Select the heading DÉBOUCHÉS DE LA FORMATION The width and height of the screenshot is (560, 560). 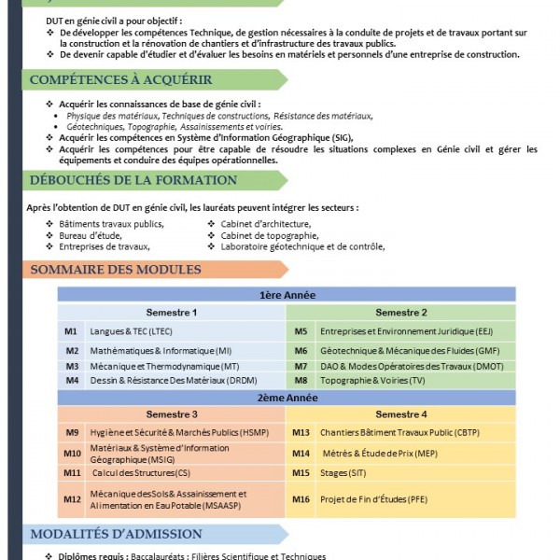coord(134,180)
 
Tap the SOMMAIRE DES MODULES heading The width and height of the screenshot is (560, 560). coord(116,270)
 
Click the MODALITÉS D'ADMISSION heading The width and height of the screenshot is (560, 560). coord(117,534)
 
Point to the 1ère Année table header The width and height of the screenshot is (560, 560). coord(287,295)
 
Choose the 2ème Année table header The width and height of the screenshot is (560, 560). coord(287,398)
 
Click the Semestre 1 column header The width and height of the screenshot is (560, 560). coord(171,312)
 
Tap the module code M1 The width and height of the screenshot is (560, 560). coord(71,331)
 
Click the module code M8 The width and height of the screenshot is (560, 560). coord(301,381)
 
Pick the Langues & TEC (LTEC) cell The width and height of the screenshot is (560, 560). coord(132,331)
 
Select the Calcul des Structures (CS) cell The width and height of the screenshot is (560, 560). coord(134,473)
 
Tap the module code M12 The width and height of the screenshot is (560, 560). coord(72,499)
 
